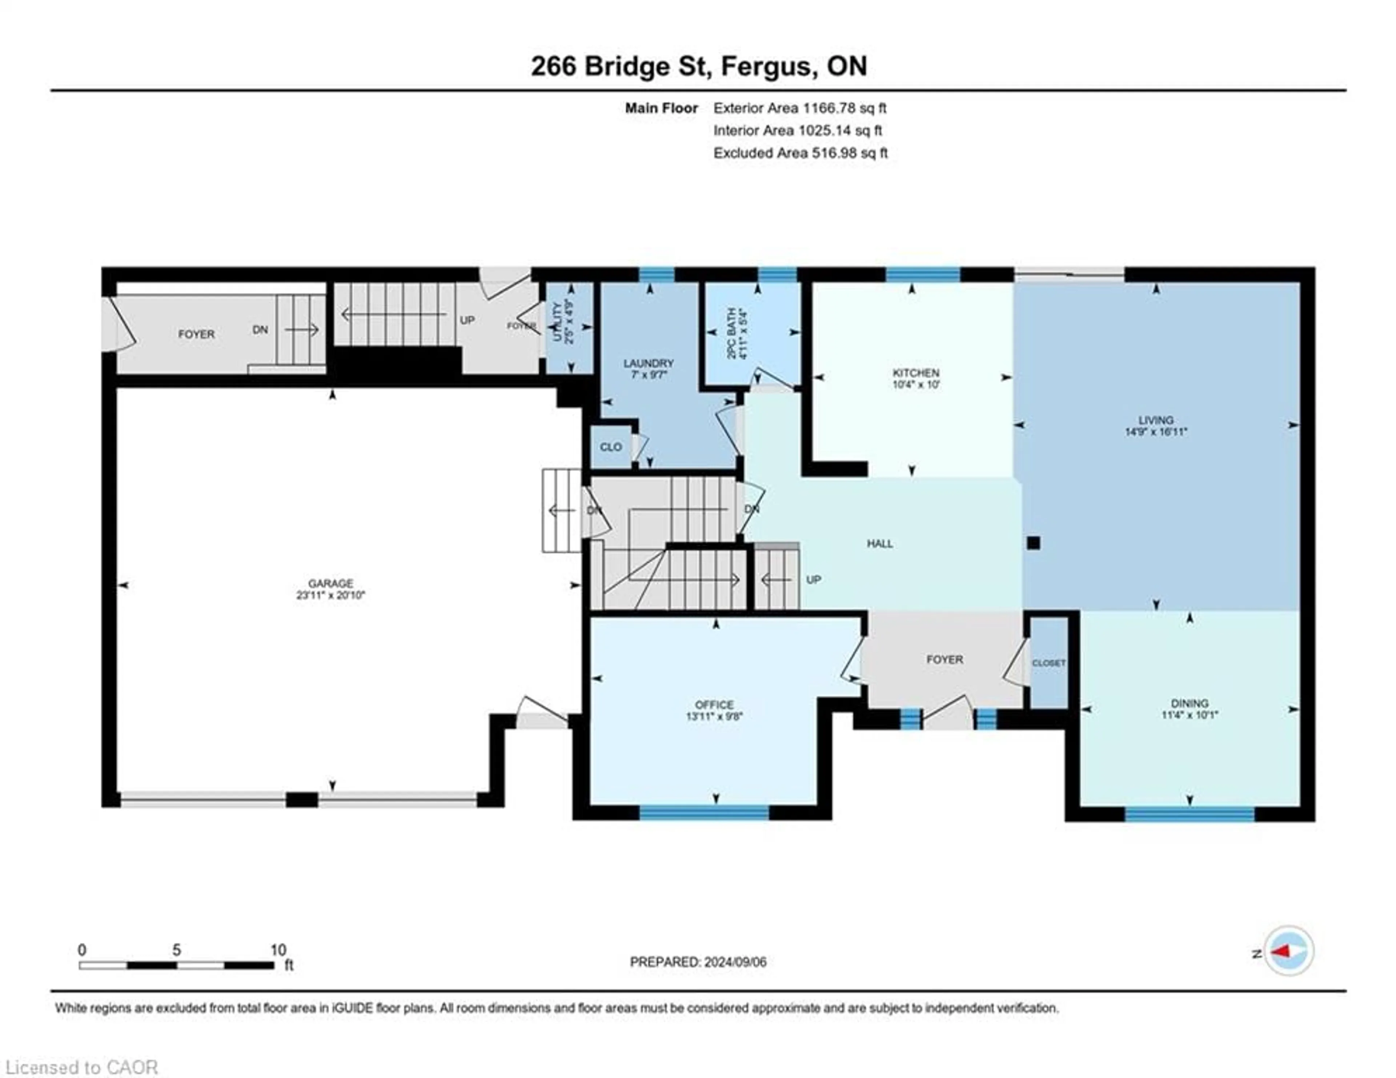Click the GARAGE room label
coord(330,583)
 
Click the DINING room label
coord(1190,703)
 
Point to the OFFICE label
coord(714,704)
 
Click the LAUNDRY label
coord(648,363)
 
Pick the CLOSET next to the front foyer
coord(1048,663)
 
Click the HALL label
coord(879,543)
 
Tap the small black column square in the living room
coord(1034,543)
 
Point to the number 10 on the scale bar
coord(278,950)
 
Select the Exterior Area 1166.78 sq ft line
coord(800,108)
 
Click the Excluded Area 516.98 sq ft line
coord(800,153)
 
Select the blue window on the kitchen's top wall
coord(922,275)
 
